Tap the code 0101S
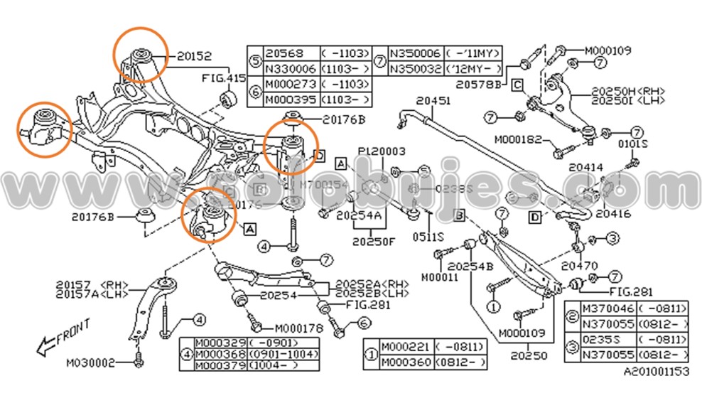point(634,144)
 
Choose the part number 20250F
point(374,242)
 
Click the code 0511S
point(430,237)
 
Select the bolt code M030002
point(91,362)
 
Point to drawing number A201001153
point(656,372)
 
